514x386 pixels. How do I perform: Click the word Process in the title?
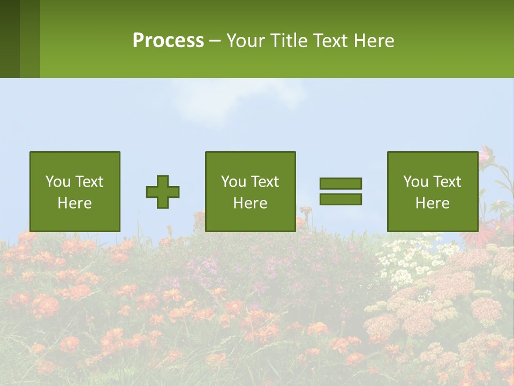(168, 40)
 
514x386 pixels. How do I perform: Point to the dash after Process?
(215, 41)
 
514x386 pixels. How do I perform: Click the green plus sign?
(163, 191)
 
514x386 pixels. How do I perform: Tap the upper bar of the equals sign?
(341, 183)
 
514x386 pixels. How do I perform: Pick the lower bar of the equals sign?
(341, 199)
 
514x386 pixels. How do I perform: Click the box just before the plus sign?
(74, 191)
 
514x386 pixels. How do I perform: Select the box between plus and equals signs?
(250, 191)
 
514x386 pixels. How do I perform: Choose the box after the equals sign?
(432, 191)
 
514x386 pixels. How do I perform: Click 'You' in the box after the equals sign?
(415, 182)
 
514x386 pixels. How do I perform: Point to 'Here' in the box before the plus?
(74, 203)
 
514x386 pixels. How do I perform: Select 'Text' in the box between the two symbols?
(265, 182)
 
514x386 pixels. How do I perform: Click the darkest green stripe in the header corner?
(10, 39)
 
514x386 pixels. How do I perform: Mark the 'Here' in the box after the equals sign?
(432, 203)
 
